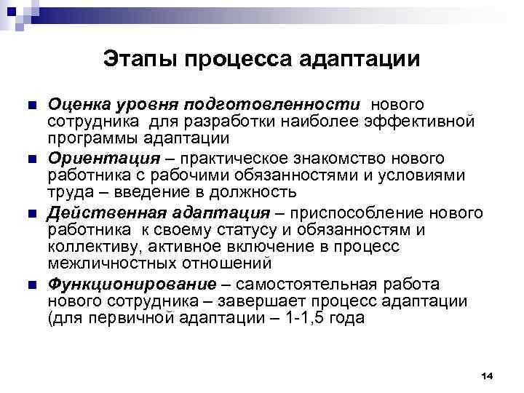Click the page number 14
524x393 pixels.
click(488, 376)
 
